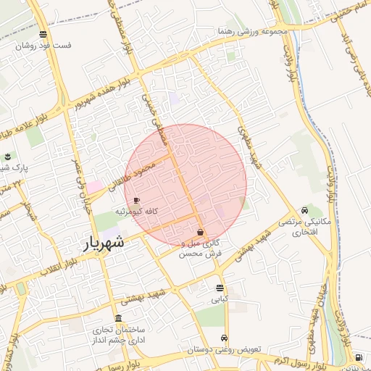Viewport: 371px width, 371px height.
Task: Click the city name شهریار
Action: pos(104,243)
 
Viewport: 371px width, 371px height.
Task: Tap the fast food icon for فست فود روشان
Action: pos(43,34)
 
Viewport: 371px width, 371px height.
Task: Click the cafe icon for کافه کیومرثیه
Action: pos(137,200)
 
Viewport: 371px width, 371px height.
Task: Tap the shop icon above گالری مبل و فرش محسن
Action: pos(200,233)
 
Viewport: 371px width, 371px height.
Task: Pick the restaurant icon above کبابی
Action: pos(219,287)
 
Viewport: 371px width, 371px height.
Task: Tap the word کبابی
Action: pos(219,299)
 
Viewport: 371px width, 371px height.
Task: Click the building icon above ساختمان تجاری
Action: pos(118,319)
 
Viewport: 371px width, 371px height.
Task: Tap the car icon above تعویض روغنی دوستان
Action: pos(224,338)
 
